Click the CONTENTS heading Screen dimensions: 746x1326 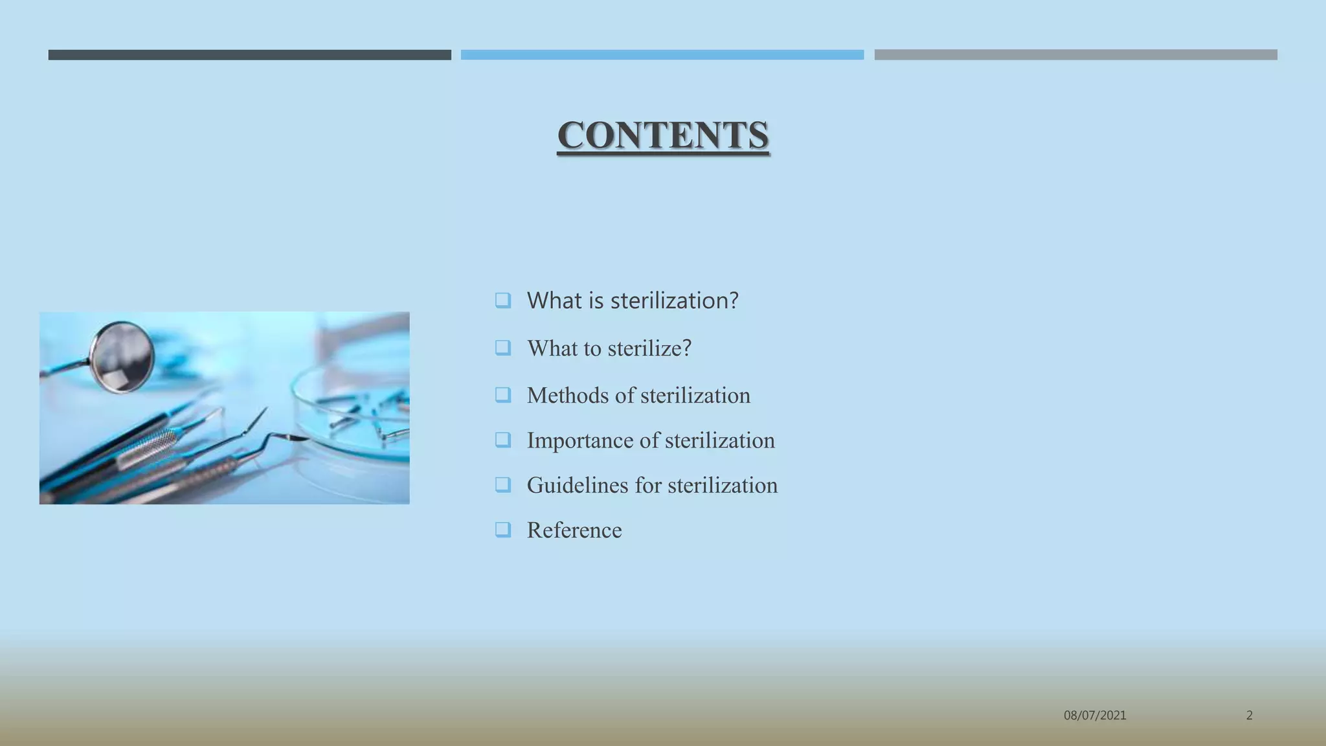click(663, 135)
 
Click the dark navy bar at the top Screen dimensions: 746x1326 click(249, 55)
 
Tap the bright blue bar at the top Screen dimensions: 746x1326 click(662, 55)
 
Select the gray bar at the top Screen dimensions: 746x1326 click(1075, 55)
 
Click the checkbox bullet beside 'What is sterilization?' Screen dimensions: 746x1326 click(503, 300)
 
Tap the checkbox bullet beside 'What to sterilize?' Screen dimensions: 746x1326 click(503, 348)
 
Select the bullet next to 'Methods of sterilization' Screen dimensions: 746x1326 click(503, 395)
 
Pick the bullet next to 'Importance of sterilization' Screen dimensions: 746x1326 click(503, 440)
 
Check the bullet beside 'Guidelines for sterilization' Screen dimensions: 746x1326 click(503, 485)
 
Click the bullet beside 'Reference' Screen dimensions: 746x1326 click(503, 530)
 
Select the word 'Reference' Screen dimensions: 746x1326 click(574, 530)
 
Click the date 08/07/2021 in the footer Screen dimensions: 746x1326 click(1095, 716)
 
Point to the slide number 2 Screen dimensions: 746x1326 click(1249, 716)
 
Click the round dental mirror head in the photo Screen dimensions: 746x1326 click(122, 357)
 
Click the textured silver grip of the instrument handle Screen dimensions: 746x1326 click(148, 449)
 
